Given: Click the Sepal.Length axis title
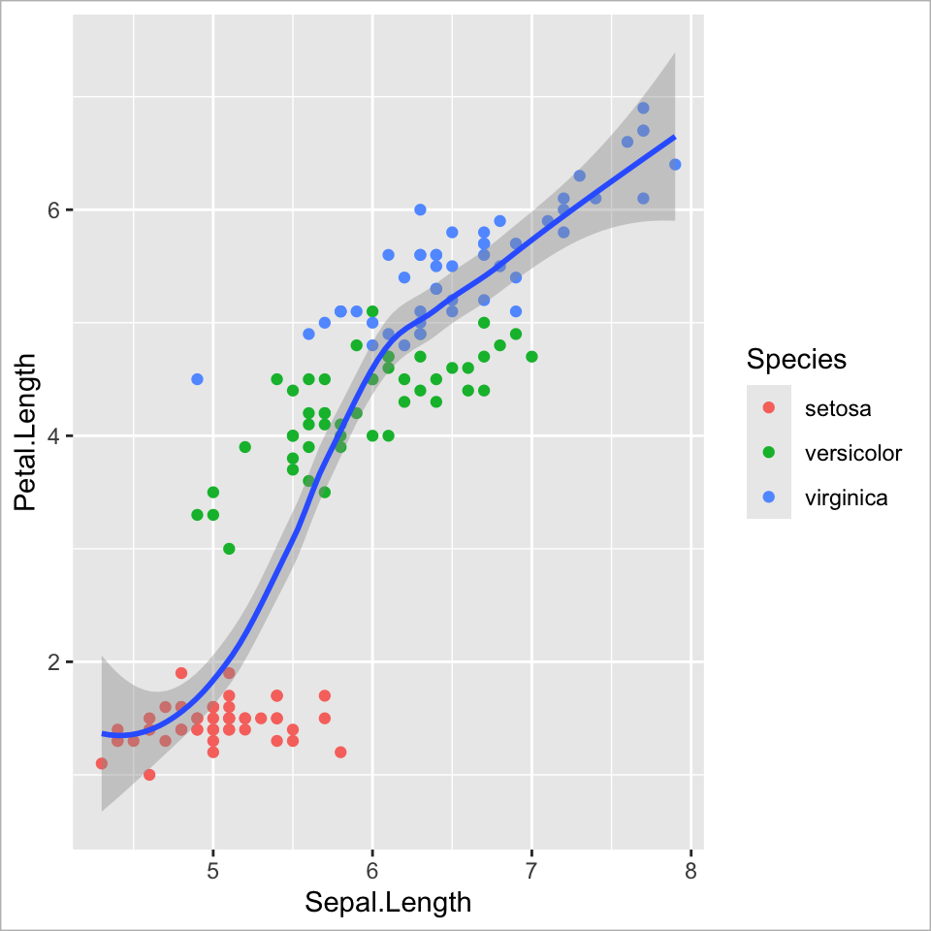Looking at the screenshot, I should (388, 902).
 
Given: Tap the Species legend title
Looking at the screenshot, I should (796, 360).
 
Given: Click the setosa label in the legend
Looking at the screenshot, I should (838, 408).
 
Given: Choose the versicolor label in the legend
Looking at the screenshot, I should (853, 453).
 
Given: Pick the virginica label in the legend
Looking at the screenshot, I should (847, 498).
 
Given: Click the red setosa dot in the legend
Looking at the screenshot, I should (769, 408).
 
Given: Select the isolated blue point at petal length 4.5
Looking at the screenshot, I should (198, 379).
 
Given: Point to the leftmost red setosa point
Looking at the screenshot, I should (102, 763).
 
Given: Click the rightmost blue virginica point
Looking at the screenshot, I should (675, 164).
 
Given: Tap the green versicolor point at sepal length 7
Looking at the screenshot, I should (531, 357).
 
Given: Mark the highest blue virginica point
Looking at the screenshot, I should (643, 108).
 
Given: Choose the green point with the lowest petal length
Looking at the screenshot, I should (229, 549).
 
